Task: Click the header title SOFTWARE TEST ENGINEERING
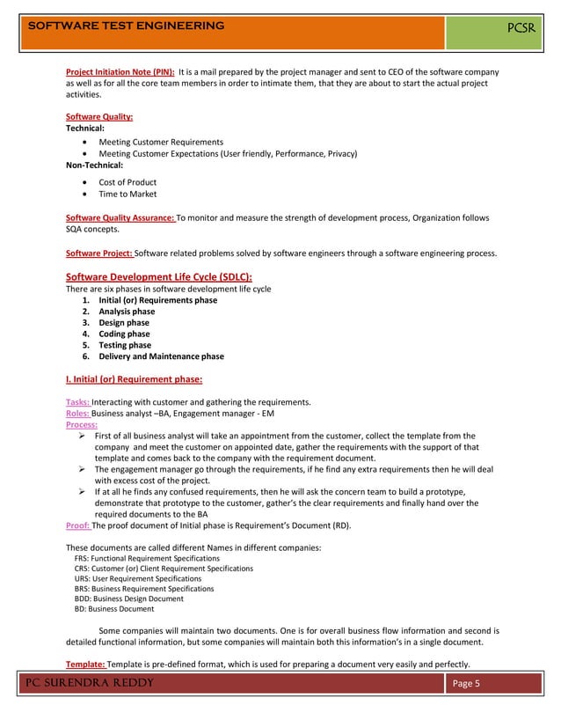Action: point(127,26)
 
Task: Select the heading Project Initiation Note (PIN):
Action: point(120,71)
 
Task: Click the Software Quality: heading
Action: point(100,117)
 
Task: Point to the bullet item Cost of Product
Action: point(127,182)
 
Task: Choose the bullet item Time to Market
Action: point(127,195)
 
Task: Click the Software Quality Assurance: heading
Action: point(121,217)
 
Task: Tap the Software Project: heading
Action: point(99,253)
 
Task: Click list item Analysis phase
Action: point(127,312)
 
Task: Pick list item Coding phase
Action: point(124,334)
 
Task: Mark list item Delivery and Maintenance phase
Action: point(161,357)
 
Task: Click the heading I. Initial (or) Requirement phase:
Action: point(135,380)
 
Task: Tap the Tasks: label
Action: point(78,402)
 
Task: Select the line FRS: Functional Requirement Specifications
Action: point(147,559)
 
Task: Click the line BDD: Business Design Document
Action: point(129,598)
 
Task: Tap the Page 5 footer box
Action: point(465,685)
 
